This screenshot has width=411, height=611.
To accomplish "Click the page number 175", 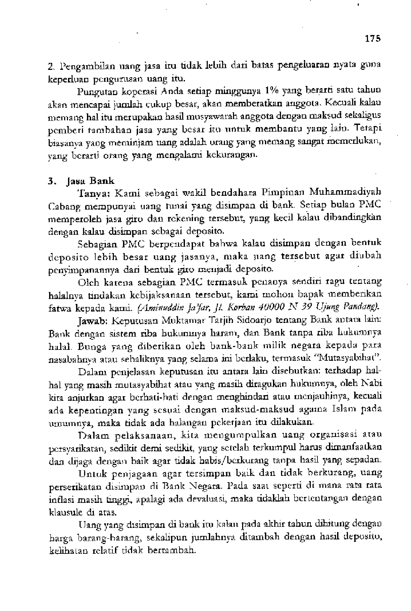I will pos(373,39).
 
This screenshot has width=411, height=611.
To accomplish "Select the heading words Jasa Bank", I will pos(91,181).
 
